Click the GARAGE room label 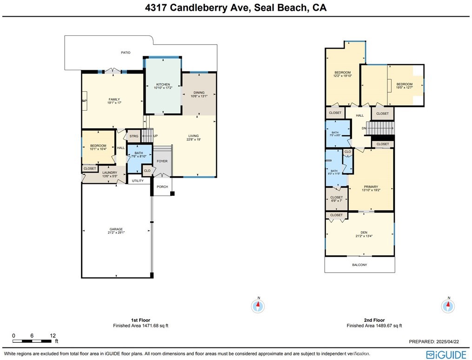[x=116, y=229]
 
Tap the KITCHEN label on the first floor [x=163, y=85]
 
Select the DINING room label [x=199, y=93]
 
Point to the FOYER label [x=162, y=161]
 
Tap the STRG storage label [x=134, y=136]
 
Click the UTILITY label [x=138, y=180]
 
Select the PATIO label [x=126, y=53]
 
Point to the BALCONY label [x=359, y=265]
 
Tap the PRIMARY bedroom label [x=371, y=187]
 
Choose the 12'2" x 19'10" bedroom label [x=343, y=73]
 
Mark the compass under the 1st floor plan [x=258, y=306]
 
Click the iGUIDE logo [x=446, y=355]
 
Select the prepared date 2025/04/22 [x=437, y=342]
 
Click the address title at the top [x=236, y=8]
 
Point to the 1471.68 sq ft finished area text [x=140, y=326]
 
